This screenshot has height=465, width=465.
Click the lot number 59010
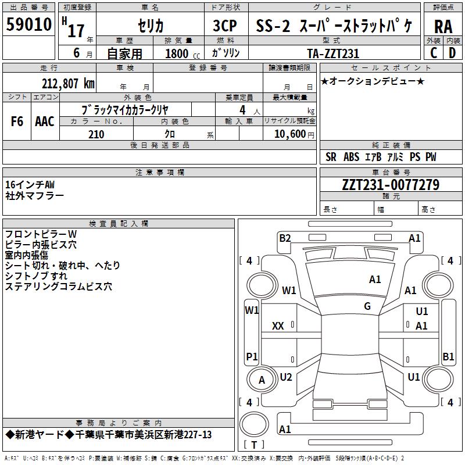pos(28,24)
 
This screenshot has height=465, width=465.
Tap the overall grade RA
pos(443,27)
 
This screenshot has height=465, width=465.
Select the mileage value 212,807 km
pos(68,84)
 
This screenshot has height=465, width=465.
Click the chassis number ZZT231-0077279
pos(391,185)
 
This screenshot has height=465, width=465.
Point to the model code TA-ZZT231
pos(333,53)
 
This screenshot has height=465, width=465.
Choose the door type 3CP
pos(225,26)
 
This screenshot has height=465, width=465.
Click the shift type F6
pos(17,121)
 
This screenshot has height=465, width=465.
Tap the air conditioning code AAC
pos(45,121)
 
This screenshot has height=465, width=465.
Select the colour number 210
pos(96,134)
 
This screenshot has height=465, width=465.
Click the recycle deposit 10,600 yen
pos(294,134)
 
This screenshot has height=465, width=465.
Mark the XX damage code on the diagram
pos(278,326)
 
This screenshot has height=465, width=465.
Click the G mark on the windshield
pos(367,306)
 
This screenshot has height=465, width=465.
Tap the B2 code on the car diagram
pos(285,238)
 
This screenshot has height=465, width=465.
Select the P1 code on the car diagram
pos(252,356)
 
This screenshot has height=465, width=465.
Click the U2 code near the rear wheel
pos(286,377)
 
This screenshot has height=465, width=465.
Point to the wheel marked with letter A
pos(262,380)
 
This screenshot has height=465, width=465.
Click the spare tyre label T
pos(254,445)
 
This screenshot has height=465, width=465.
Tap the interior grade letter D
pos(452,53)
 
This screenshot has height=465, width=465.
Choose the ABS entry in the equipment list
pos(351,157)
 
